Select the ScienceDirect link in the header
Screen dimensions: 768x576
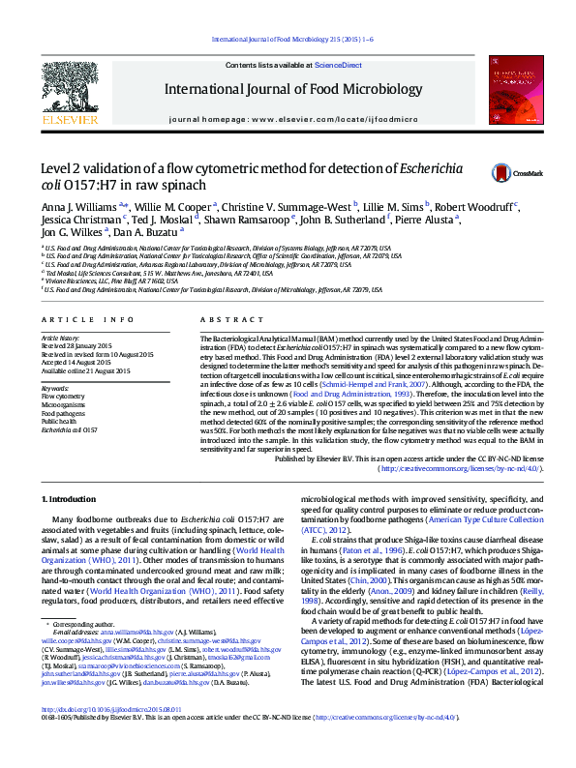pos(340,65)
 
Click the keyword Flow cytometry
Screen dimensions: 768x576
pos(63,397)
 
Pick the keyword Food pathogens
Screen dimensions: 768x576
pos(63,412)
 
